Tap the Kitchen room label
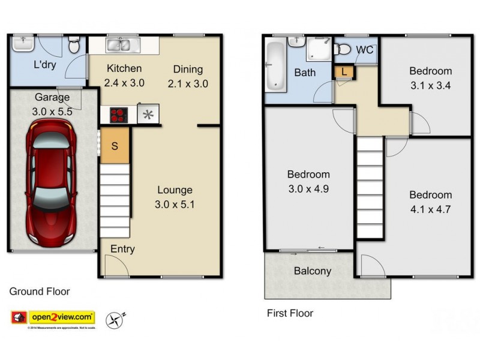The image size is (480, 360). click(124, 69)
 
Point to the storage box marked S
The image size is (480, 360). click(115, 146)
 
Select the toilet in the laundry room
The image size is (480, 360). click(74, 45)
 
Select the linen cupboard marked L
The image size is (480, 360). click(343, 71)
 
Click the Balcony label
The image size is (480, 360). click(312, 271)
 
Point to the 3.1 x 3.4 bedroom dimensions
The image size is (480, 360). click(430, 86)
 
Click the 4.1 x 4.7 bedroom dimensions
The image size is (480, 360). click(430, 210)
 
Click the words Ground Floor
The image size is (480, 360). click(40, 292)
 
